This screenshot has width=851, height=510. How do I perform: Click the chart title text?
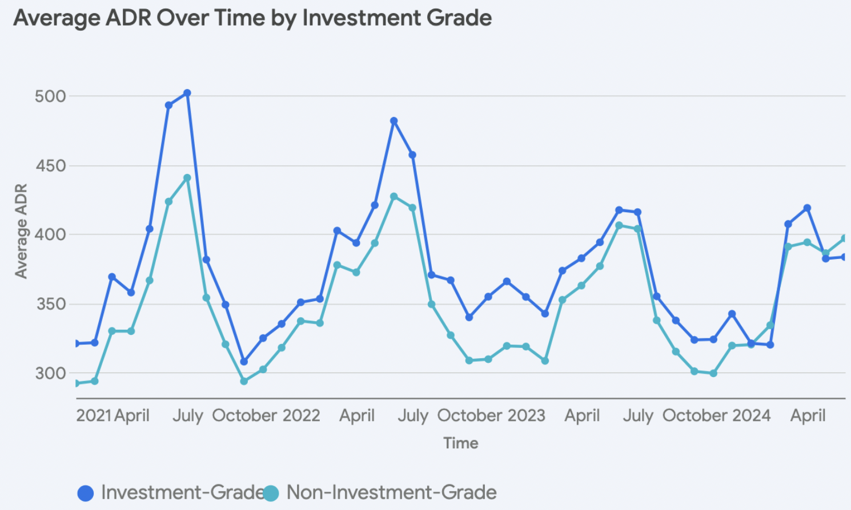[x=252, y=18]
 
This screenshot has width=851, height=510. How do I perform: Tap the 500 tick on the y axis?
[x=50, y=96]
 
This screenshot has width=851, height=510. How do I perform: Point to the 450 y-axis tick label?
[x=50, y=166]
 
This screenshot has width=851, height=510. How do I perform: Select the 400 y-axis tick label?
[x=50, y=234]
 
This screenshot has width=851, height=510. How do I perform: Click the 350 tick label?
[x=50, y=304]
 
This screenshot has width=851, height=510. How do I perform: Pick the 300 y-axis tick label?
[x=50, y=374]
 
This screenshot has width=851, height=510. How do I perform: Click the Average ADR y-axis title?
[x=21, y=231]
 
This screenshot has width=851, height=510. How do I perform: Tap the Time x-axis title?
[x=461, y=443]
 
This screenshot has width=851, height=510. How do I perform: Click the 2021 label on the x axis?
[x=94, y=415]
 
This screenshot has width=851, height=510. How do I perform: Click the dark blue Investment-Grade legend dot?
[x=86, y=493]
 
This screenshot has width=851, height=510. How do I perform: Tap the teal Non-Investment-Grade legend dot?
[x=271, y=493]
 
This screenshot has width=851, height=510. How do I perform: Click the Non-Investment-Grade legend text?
[x=391, y=492]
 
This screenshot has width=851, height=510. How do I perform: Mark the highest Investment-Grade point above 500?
[x=187, y=93]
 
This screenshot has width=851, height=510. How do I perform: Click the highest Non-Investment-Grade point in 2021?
[x=187, y=178]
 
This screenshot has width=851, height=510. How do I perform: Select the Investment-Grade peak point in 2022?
[x=394, y=121]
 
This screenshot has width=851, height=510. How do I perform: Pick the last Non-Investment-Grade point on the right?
[x=844, y=238]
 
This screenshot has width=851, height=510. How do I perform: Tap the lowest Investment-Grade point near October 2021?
[x=244, y=362]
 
